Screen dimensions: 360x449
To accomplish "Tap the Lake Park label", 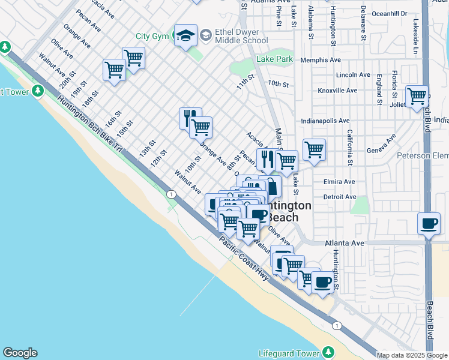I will pyautogui.click(x=275, y=59).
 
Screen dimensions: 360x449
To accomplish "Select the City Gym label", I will pyautogui.click(x=152, y=37).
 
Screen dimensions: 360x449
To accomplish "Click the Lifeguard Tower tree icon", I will pyautogui.click(x=328, y=352).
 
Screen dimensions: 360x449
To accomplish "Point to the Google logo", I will pyautogui.click(x=20, y=353).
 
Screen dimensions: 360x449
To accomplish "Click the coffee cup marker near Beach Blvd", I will pyautogui.click(x=429, y=224).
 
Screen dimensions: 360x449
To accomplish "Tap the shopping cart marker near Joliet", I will pyautogui.click(x=417, y=96).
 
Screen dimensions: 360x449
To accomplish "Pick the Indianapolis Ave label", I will pyautogui.click(x=325, y=121).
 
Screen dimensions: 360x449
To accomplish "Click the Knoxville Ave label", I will pyautogui.click(x=338, y=90).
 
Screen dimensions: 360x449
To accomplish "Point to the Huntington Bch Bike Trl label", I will pyautogui.click(x=90, y=125).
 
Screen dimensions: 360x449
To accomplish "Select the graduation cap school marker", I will pyautogui.click(x=185, y=35).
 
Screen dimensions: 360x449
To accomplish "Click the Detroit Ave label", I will pyautogui.click(x=340, y=197).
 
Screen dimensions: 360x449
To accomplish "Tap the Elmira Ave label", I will pyautogui.click(x=339, y=182).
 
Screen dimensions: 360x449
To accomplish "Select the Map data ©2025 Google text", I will pyautogui.click(x=412, y=355).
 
